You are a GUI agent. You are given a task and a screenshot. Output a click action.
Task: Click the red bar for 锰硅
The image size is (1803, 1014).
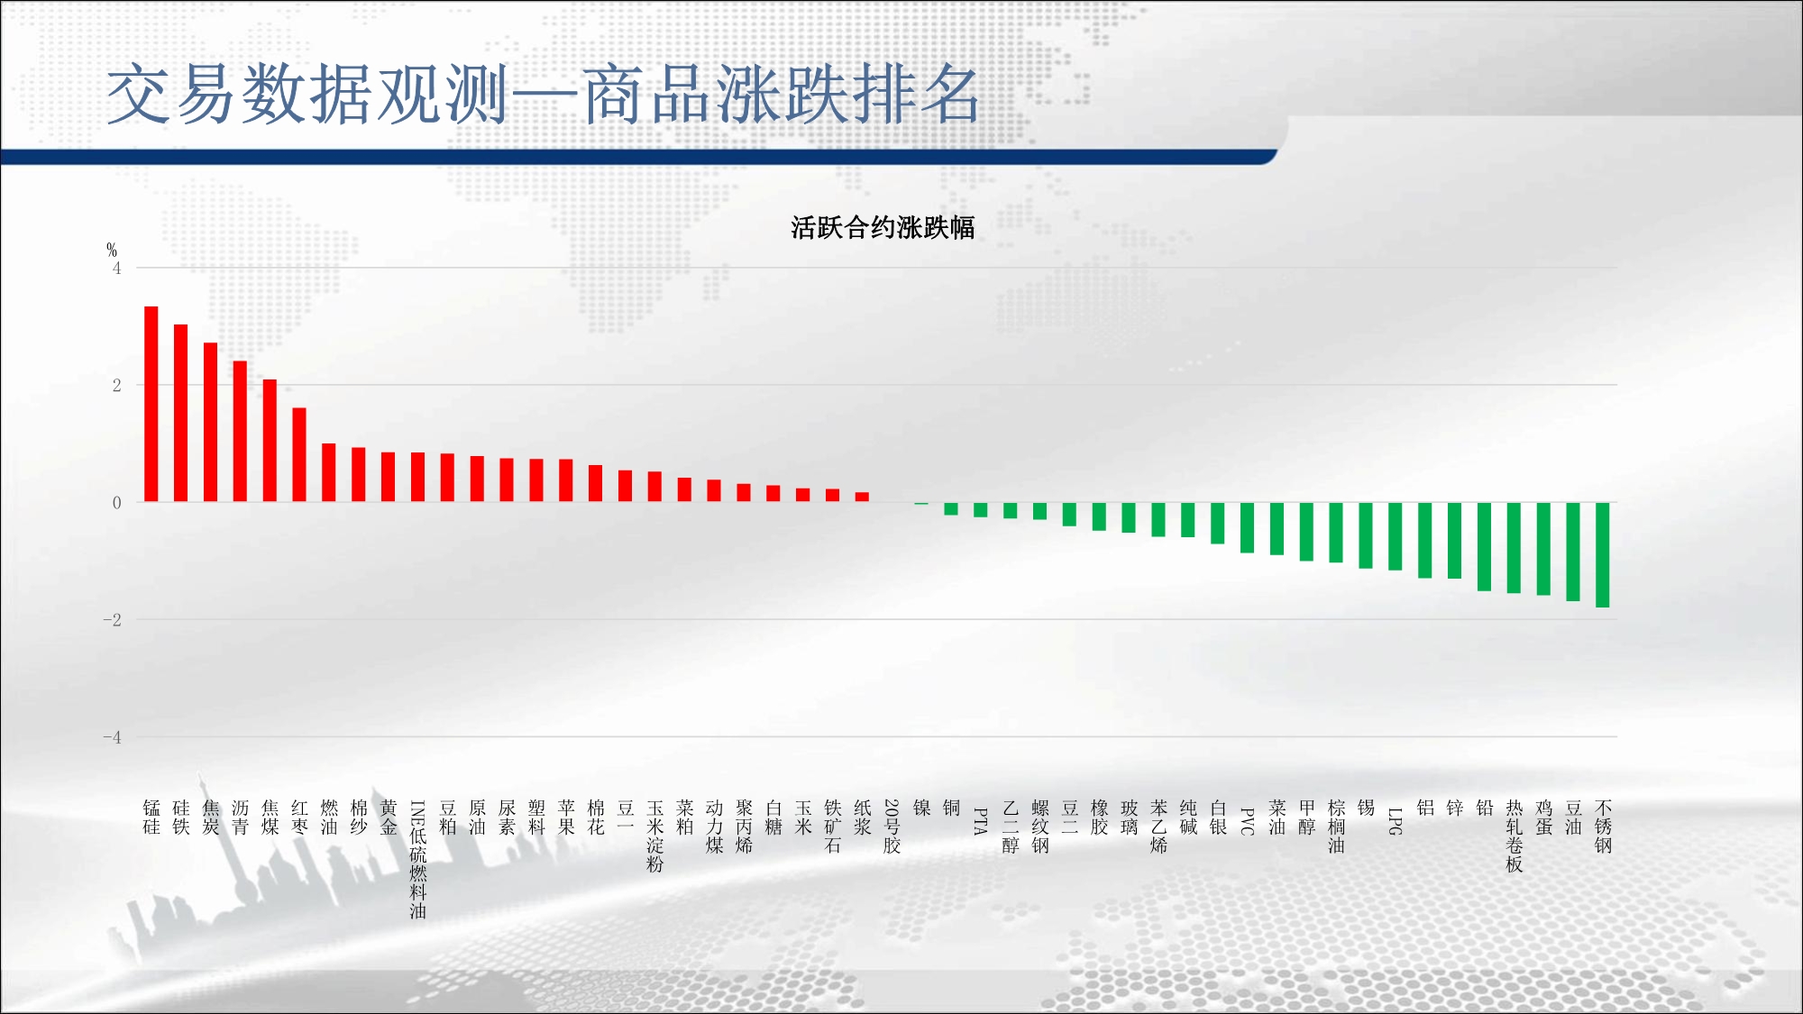[151, 404]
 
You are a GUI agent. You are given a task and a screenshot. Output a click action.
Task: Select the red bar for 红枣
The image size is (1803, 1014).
[299, 454]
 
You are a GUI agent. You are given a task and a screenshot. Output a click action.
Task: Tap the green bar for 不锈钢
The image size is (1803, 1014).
[1603, 554]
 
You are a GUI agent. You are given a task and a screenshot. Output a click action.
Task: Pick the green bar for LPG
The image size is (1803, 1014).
[1396, 536]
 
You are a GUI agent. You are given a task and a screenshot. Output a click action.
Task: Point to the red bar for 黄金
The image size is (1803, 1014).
[389, 477]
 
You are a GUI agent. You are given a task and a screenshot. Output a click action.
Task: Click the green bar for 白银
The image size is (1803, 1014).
[1218, 523]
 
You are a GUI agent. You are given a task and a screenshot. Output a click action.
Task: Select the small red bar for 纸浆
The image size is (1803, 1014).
[863, 497]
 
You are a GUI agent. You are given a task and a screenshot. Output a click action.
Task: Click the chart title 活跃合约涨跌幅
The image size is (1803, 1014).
[883, 227]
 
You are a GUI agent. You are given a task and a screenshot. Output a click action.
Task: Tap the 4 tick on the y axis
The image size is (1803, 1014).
[116, 268]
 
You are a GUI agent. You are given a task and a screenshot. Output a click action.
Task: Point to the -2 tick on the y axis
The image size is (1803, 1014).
[112, 619]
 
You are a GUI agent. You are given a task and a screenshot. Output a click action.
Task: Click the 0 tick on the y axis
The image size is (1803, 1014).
[116, 503]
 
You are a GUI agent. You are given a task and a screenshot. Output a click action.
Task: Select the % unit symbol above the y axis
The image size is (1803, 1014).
[112, 250]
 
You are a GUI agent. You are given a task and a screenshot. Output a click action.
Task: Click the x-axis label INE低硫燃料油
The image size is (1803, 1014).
[418, 859]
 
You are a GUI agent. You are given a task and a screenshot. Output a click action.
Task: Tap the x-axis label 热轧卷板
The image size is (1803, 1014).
[1515, 836]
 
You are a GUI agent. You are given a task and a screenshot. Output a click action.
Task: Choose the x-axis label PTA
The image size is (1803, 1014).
[981, 821]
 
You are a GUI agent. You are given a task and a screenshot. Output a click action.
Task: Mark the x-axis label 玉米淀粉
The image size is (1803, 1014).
[655, 836]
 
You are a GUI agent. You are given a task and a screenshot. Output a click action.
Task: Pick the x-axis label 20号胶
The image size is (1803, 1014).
[892, 826]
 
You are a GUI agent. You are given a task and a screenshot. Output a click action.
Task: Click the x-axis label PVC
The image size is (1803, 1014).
[1248, 821]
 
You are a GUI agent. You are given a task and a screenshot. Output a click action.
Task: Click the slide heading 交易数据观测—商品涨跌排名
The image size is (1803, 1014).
[544, 94]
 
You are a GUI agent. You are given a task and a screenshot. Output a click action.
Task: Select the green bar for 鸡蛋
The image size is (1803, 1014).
[1543, 549]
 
